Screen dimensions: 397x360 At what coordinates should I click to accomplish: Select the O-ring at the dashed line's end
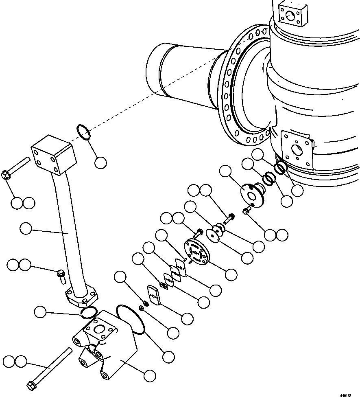tap(83, 133)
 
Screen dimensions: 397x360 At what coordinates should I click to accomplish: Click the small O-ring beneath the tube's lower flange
tap(88, 313)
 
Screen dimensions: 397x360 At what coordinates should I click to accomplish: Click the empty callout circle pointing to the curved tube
tap(26, 229)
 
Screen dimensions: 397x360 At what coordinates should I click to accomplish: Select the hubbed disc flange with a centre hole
tap(252, 194)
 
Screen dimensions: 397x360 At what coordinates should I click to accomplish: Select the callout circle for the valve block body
tap(150, 375)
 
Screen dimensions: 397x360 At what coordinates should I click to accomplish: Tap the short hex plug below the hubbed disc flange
tap(247, 211)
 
